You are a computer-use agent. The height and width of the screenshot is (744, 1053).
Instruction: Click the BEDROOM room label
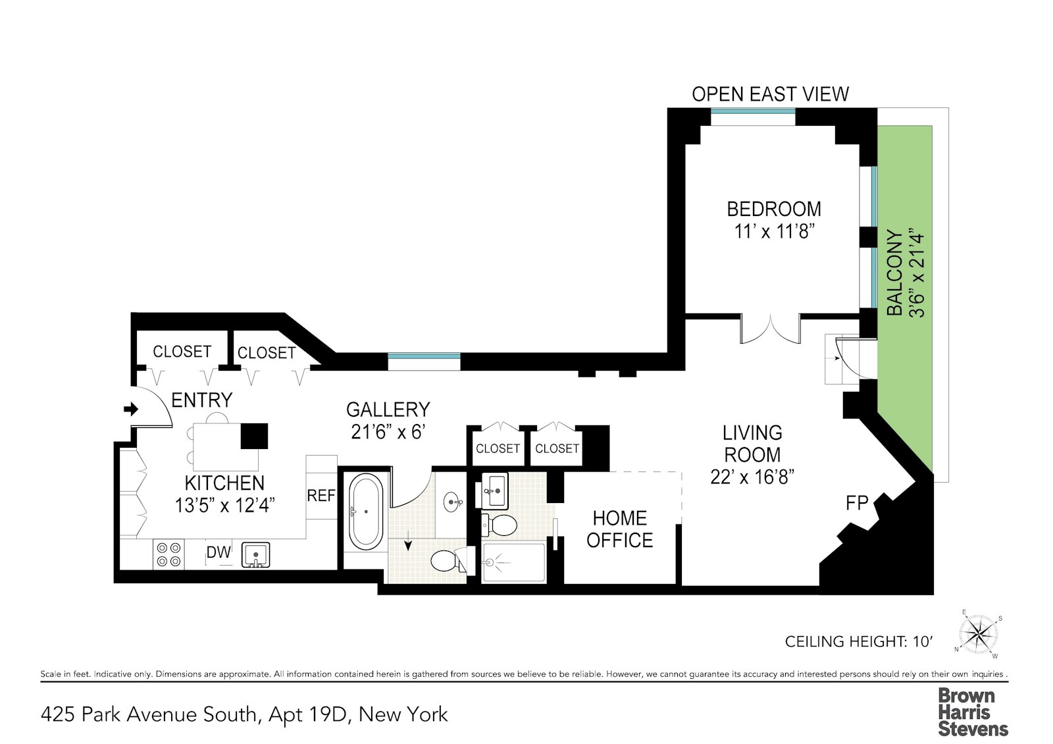click(774, 209)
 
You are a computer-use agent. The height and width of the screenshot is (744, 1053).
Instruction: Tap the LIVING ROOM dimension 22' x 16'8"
click(752, 477)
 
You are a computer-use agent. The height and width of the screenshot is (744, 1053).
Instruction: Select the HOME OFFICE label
click(619, 529)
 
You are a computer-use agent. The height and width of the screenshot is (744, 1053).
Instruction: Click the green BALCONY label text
click(895, 273)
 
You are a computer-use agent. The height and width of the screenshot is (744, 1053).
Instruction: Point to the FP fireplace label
click(857, 503)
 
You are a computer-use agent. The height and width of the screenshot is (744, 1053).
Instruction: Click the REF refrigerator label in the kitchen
click(321, 495)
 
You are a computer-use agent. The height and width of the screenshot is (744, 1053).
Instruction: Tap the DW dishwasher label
click(218, 553)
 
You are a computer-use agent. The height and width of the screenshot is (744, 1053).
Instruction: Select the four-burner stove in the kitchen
click(168, 554)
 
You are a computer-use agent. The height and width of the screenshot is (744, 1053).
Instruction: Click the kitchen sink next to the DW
click(255, 554)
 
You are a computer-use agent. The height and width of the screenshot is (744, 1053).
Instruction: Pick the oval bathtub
click(365, 512)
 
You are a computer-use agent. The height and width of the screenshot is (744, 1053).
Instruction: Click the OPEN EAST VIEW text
click(770, 94)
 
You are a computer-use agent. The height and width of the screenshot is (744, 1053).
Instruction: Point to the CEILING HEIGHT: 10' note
click(858, 641)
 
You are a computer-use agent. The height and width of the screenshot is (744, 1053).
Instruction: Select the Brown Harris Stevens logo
click(972, 712)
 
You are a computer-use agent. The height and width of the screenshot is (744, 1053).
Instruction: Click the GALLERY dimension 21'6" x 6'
click(388, 432)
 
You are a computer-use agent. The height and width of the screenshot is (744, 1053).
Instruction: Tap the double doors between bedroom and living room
click(771, 329)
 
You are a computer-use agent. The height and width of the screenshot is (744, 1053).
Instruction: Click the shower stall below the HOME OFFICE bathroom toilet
click(514, 562)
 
